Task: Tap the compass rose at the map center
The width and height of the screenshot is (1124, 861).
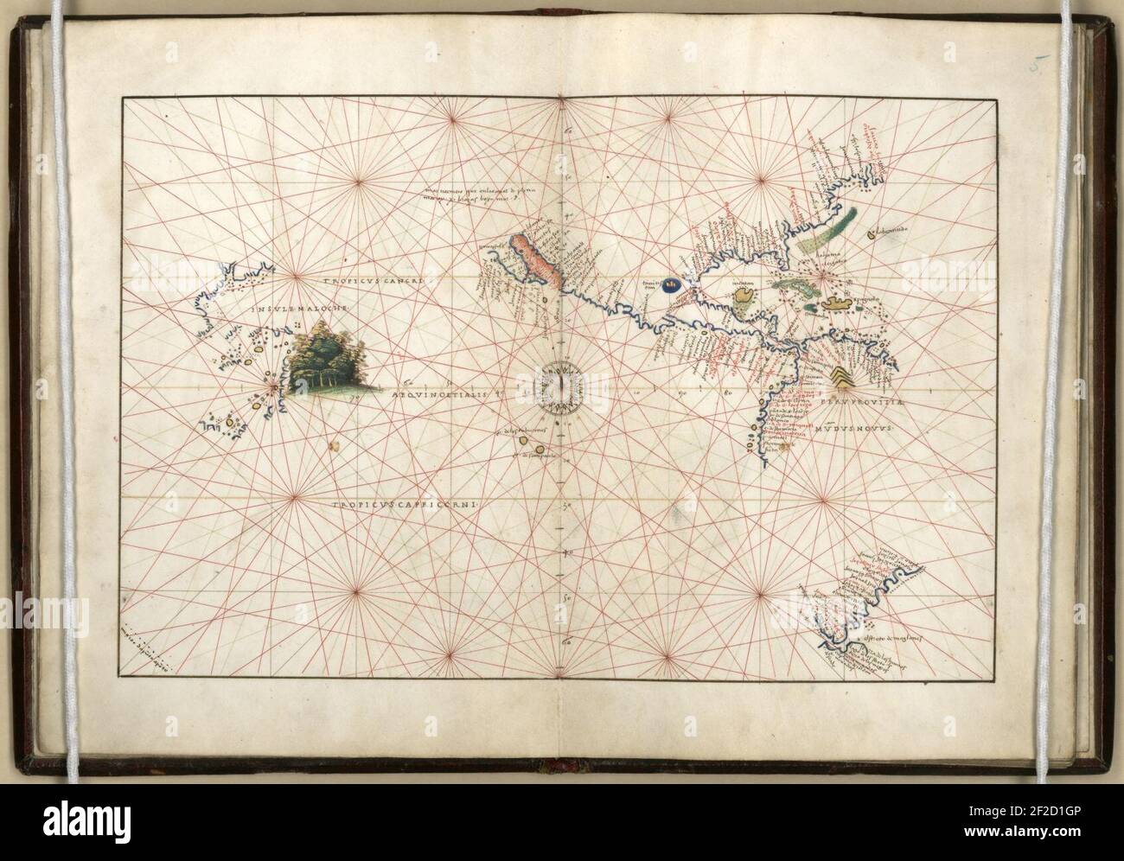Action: (562, 386)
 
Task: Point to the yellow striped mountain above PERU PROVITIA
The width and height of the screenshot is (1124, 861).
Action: (841, 376)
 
